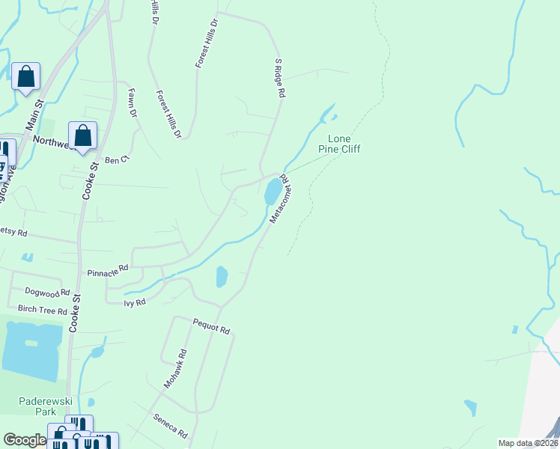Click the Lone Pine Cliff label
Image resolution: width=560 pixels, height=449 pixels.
pyautogui.click(x=344, y=144)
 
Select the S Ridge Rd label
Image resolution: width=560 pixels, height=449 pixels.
pyautogui.click(x=279, y=79)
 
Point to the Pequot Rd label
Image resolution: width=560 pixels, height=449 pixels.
pyautogui.click(x=210, y=327)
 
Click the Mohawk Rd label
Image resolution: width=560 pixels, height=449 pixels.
pyautogui.click(x=176, y=368)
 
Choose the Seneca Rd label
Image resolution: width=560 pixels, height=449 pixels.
pyautogui.click(x=169, y=426)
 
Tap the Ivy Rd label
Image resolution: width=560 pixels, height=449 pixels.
pyautogui.click(x=135, y=302)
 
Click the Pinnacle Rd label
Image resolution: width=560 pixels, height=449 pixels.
pyautogui.click(x=108, y=270)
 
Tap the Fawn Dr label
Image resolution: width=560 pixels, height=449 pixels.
pyautogui.click(x=133, y=103)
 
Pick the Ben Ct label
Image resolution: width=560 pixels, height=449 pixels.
pyautogui.click(x=118, y=159)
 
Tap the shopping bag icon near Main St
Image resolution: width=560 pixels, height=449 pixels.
pyautogui.click(x=25, y=76)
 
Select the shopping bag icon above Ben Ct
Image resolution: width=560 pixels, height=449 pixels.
pyautogui.click(x=83, y=135)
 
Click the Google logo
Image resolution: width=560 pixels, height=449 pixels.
pyautogui.click(x=24, y=441)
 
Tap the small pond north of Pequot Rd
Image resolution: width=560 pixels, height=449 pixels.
pyautogui.click(x=222, y=277)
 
